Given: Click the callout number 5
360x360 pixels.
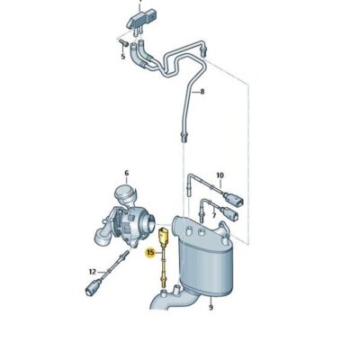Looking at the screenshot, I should (x=122, y=55).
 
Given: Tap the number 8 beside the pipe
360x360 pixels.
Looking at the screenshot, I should (x=202, y=92).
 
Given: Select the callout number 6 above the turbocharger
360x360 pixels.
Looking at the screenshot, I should (x=126, y=173).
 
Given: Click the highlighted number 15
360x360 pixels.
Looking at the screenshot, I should (x=150, y=254).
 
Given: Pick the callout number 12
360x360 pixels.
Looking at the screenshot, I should (x=92, y=270).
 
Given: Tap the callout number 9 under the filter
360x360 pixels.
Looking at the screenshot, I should (x=210, y=308).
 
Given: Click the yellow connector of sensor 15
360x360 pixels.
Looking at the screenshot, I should (x=162, y=238).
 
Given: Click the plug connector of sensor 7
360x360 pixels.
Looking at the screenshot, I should (x=235, y=216).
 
